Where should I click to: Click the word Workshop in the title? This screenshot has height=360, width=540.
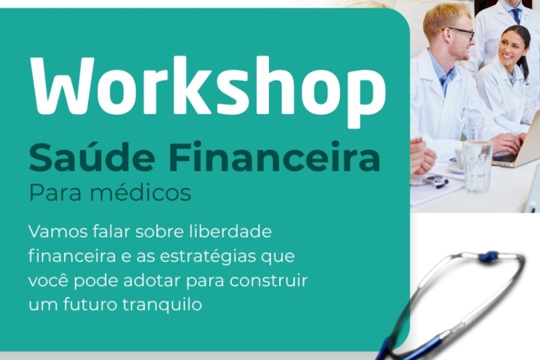pos(208,90)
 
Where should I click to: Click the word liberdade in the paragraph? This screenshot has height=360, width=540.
pos(231,231)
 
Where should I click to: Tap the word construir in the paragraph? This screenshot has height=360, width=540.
pos(269,281)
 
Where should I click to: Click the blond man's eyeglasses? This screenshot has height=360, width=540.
pos(458,33)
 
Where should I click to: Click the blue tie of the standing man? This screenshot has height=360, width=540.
pos(516,16)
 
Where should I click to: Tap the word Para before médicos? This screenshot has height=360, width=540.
pos(56,193)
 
